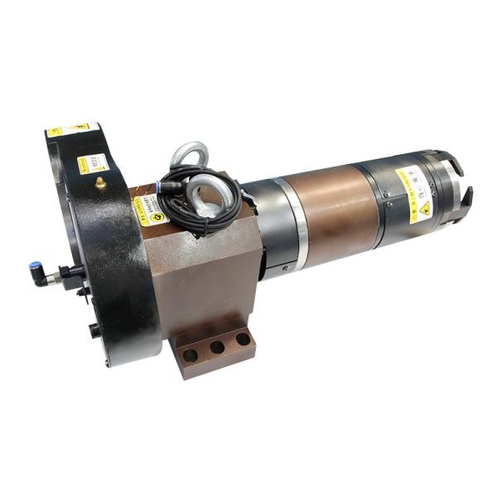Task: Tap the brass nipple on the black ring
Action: (100, 182)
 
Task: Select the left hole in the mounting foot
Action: (191, 355)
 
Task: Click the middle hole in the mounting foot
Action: (217, 347)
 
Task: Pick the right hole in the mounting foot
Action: (243, 339)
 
